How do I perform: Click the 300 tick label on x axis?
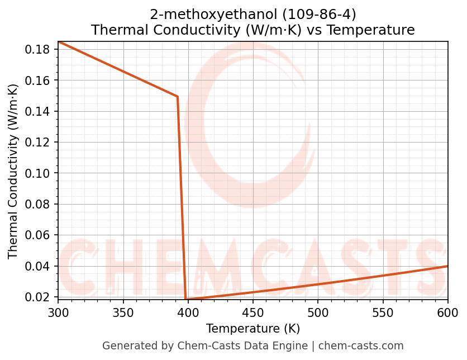(58, 312)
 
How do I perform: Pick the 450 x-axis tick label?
(252, 312)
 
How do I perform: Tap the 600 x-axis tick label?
(447, 312)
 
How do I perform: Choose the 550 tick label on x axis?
(383, 312)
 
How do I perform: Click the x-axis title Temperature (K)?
(252, 328)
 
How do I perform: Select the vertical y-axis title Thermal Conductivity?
(13, 171)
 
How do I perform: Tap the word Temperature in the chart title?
(370, 30)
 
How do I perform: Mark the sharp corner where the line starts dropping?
(178, 97)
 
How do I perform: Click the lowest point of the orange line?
(185, 299)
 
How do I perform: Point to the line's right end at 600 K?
(447, 266)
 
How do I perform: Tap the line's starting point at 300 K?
(59, 42)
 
